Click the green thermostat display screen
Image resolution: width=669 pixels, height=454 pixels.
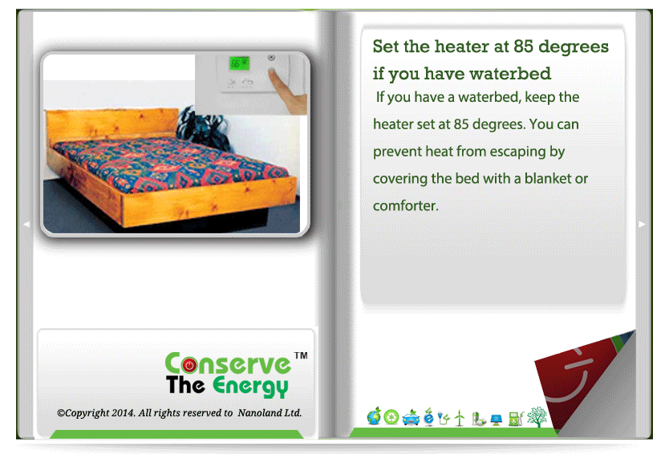coord(239,63)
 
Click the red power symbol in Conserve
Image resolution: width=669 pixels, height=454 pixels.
coord(189,365)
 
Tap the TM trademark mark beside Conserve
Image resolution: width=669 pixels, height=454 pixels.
coord(301,355)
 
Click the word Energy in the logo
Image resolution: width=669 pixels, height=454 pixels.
coord(251,386)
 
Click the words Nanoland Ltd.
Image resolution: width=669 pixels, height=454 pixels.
coord(270,412)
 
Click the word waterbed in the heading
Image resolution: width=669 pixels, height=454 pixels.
coord(510,73)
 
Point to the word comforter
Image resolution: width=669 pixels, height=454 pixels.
coord(405,205)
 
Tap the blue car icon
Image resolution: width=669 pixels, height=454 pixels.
coord(411,417)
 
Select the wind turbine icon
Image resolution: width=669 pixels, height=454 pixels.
coord(459,418)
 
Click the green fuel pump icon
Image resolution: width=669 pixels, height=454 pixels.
coord(517,418)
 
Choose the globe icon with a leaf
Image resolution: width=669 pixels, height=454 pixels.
coord(374,416)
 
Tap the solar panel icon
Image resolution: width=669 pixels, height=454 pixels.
coord(497,420)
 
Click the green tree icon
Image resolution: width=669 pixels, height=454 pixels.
coord(537,416)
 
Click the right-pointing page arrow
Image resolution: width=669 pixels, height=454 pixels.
coord(641,225)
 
